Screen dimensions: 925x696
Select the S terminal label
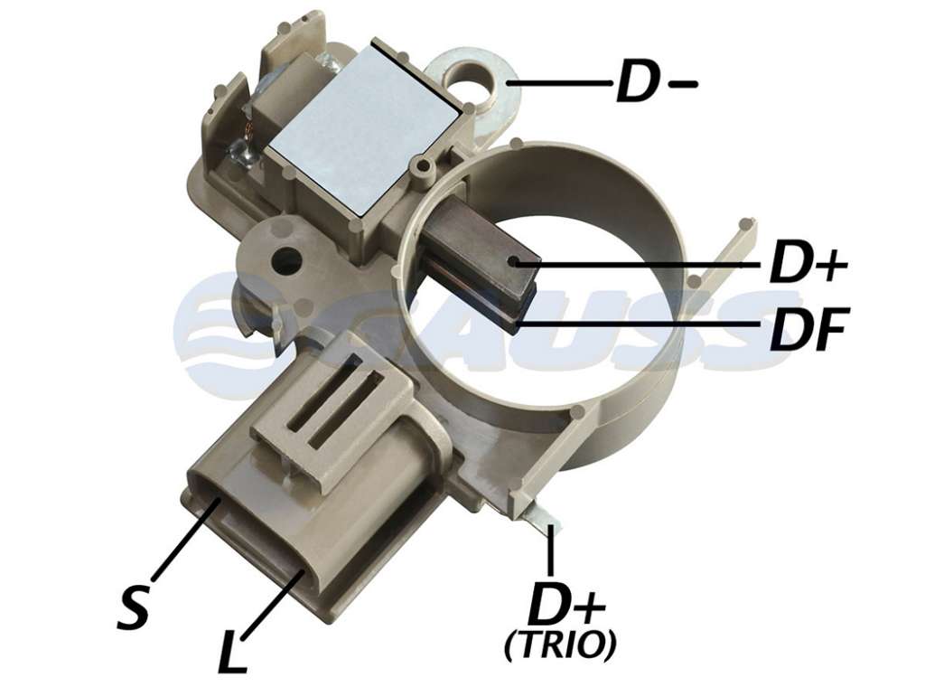point(135,607)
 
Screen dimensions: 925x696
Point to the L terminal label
point(232,651)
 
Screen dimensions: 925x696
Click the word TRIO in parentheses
point(560,645)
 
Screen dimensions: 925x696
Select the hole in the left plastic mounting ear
point(285,258)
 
